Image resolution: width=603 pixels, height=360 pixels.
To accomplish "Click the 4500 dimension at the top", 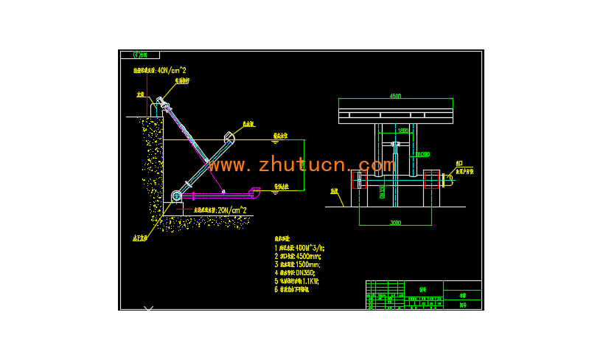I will pos(395,97).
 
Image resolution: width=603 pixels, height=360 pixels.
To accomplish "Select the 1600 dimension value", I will pos(402,131).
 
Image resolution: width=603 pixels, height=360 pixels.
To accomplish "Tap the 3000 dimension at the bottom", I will pos(395,222).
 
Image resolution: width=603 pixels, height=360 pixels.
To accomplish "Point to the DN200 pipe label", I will pos(422,154).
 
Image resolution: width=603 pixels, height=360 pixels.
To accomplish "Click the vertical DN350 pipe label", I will pos(382,191).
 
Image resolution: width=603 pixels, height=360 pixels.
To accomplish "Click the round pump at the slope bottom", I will pos(176,196).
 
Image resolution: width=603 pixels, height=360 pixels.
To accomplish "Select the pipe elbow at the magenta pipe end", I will pos(255,192).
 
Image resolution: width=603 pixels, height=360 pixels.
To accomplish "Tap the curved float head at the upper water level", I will pos(229,136).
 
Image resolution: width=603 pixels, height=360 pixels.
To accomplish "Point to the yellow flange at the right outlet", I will pos(449,178).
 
